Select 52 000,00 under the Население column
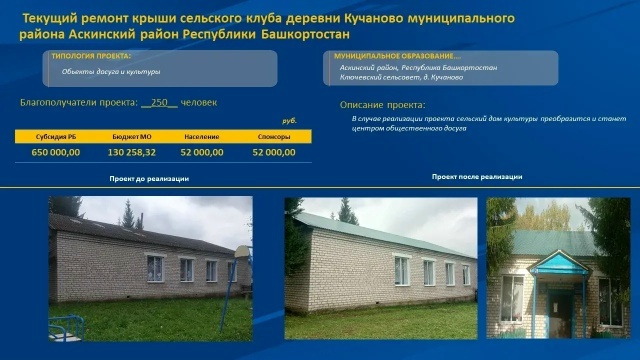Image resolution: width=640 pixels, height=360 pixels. (202, 152)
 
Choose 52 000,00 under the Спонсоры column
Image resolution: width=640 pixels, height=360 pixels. (274, 152)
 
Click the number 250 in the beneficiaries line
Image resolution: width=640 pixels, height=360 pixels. (159, 103)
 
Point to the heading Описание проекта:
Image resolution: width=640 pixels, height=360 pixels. (383, 104)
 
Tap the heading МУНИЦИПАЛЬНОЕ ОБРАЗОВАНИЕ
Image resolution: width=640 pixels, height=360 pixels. (397, 56)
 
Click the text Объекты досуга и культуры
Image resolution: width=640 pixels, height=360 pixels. (110, 72)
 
